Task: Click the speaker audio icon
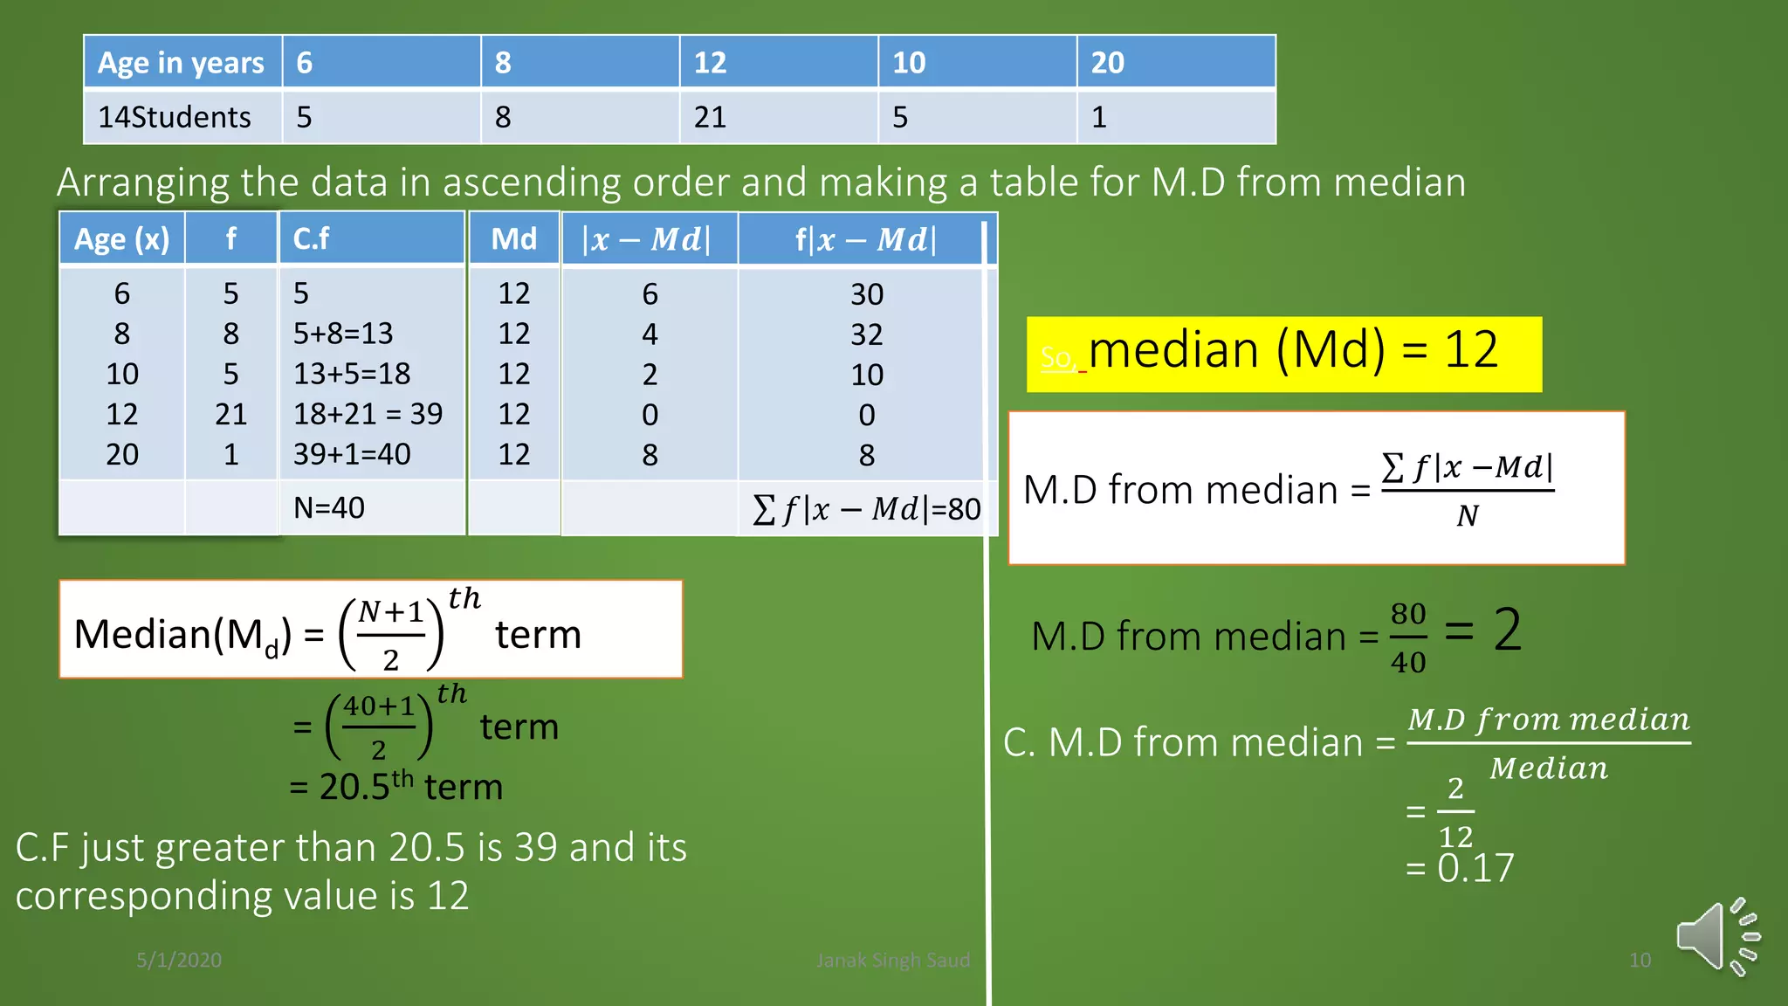click(x=1716, y=936)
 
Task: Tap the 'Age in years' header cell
click(x=181, y=63)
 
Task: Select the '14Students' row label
click(x=175, y=117)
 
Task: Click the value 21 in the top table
click(x=710, y=117)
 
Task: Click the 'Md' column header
click(x=513, y=238)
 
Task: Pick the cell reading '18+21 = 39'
click(x=368, y=414)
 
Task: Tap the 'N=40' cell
click(x=329, y=507)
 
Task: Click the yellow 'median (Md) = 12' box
click(x=1283, y=354)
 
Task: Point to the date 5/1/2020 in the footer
click(x=179, y=960)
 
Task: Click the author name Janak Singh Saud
click(x=892, y=960)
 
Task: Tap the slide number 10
click(x=1640, y=960)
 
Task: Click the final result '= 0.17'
click(x=1460, y=868)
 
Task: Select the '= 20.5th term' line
click(x=396, y=786)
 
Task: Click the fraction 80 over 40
click(x=1408, y=637)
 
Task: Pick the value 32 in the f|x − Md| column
click(x=867, y=334)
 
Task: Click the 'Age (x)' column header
click(x=121, y=238)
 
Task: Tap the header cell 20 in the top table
click(x=1107, y=63)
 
